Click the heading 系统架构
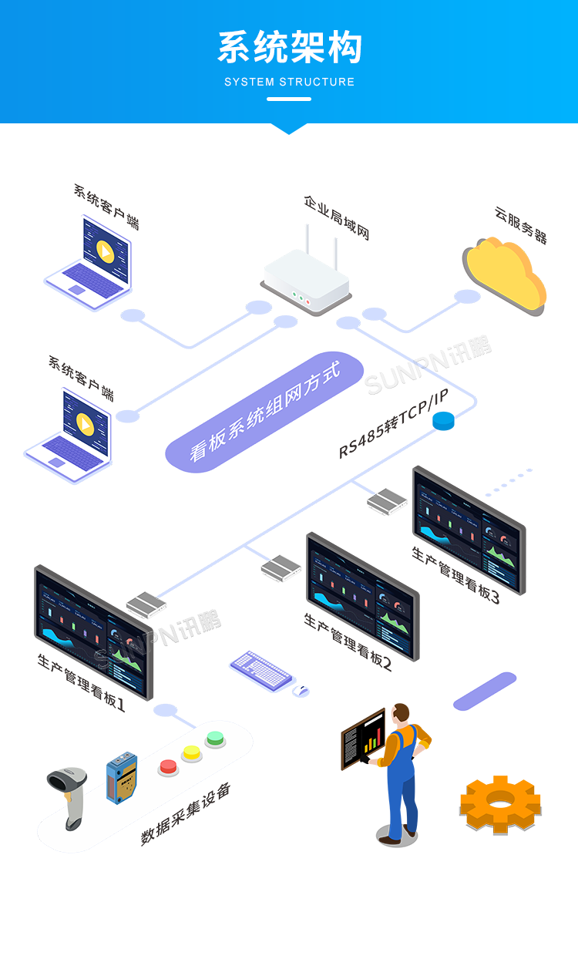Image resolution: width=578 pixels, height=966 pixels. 289,48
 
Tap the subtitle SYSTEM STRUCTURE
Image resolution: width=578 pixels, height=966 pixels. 289,82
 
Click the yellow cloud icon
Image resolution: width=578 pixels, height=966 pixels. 505,274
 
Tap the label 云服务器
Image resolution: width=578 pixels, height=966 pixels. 521,224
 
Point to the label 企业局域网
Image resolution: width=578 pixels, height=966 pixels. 337,217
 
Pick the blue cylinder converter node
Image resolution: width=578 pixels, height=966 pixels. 443,421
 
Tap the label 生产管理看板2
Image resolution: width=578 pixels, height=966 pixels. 348,642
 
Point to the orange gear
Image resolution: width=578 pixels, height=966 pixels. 500,803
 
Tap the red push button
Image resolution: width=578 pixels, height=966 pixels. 168,766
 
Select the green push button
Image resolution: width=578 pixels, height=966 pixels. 215,739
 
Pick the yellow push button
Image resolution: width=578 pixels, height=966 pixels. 191,752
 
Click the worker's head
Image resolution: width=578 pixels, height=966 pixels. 400,714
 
